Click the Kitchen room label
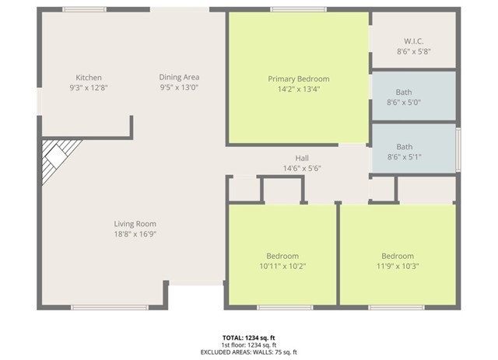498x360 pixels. click(89, 78)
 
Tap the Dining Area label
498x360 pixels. click(180, 77)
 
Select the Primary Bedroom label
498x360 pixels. click(298, 79)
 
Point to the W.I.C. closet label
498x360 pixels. click(413, 40)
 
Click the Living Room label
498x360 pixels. click(135, 224)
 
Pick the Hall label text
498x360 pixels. click(302, 158)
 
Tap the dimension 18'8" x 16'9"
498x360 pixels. click(135, 234)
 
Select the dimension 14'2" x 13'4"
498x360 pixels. click(298, 89)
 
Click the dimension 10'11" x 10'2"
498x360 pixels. click(282, 266)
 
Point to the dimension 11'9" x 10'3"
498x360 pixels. click(397, 266)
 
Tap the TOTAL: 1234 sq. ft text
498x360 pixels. click(248, 337)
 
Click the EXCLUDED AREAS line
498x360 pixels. click(248, 352)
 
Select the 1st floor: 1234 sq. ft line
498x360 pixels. click(248, 345)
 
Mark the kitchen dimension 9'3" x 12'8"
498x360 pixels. click(89, 88)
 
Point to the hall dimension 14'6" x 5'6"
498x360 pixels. click(302, 168)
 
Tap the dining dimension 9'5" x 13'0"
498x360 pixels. click(180, 87)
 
